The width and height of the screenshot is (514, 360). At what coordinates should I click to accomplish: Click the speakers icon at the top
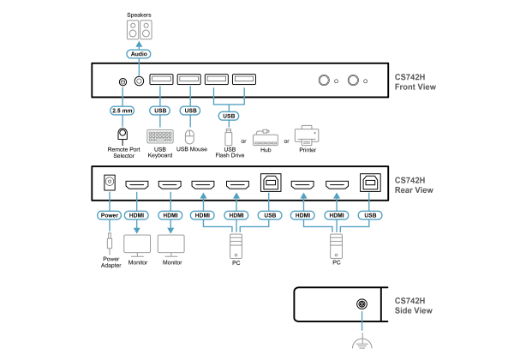[x=139, y=30]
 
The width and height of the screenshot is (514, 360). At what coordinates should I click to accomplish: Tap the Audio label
[x=139, y=54]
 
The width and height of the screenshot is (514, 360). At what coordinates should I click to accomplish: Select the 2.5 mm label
[x=123, y=111]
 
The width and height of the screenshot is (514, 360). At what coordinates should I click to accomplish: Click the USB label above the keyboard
[x=159, y=111]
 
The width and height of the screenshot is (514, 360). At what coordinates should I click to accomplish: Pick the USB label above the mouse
[x=190, y=111]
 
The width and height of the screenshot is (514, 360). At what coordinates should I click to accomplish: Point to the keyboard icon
[x=160, y=136]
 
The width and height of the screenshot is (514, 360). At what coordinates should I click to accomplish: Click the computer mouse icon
[x=189, y=137]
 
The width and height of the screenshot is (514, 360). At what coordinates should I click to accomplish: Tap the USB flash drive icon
[x=229, y=137]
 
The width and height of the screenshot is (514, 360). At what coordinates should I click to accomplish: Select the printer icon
[x=307, y=135]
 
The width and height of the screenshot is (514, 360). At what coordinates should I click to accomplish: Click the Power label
[x=110, y=215]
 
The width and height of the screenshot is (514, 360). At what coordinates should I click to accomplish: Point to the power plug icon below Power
[x=110, y=243]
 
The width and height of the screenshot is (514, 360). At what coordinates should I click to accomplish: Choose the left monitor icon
[x=137, y=244]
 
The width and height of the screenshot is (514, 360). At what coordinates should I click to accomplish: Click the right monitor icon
[x=170, y=244]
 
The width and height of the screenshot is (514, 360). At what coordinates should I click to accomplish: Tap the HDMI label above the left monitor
[x=136, y=215]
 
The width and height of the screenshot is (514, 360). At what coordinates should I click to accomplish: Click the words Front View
[x=415, y=87]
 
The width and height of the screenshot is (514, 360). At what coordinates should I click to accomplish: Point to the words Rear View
[x=414, y=190]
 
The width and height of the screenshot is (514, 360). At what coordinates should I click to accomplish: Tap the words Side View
[x=414, y=310]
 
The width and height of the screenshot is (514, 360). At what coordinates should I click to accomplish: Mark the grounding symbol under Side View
[x=362, y=342]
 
